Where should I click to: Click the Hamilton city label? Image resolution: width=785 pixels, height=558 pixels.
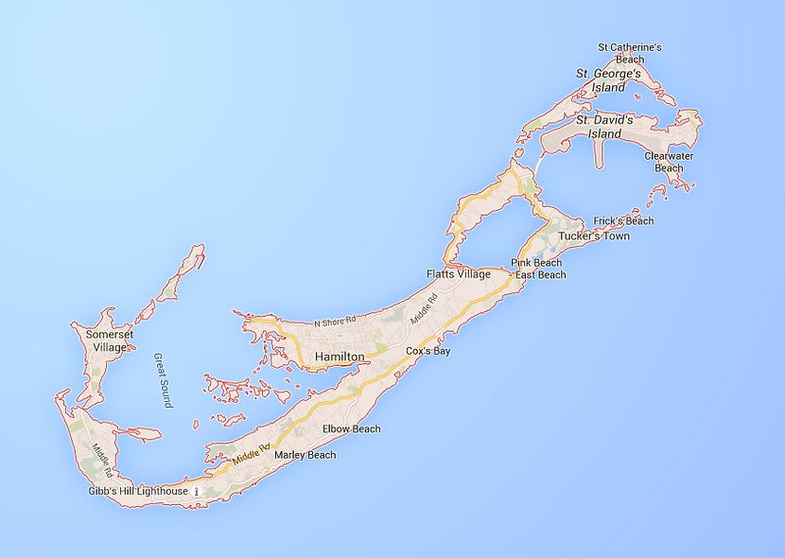point(340,357)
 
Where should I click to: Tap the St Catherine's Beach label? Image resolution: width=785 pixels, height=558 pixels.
point(629,53)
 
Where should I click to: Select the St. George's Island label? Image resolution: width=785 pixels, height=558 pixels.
point(609,80)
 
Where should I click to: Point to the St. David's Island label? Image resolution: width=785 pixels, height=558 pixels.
point(605,127)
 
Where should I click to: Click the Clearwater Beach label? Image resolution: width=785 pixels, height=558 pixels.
point(669,162)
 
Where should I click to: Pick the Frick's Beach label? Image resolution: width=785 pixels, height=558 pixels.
point(623,221)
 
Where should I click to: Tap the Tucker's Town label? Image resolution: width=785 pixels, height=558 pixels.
point(594,235)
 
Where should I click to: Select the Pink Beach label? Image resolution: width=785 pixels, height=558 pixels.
point(536,262)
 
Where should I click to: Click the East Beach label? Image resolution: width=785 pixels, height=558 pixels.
point(541,275)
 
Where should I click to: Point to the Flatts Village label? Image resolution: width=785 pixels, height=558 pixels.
point(459,274)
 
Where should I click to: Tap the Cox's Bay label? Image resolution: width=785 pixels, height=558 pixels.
point(428,351)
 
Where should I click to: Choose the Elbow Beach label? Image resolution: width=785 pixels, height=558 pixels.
point(352,429)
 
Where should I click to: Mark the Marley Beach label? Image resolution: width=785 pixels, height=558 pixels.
point(305,455)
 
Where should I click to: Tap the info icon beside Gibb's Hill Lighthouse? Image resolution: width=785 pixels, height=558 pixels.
point(197,492)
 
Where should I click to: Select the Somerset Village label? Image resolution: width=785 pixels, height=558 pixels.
point(106,340)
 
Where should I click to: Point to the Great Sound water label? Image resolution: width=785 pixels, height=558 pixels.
point(163,380)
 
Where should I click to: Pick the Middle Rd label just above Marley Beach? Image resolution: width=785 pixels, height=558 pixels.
point(252,453)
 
